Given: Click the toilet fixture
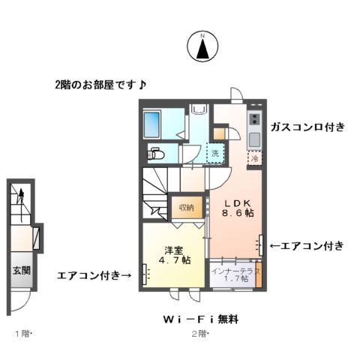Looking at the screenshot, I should coord(156,154).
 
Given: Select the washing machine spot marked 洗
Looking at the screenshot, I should coord(214,153).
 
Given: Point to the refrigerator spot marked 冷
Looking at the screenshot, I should coord(255,158).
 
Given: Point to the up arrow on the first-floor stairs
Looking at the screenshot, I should coord(22,196).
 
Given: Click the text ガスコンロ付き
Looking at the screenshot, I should coord(308,127).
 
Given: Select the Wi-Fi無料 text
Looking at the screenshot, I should coord(200,319).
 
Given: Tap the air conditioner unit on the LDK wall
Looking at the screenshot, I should coord(261,244).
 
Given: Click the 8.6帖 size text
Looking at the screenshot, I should coord(237,214).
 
